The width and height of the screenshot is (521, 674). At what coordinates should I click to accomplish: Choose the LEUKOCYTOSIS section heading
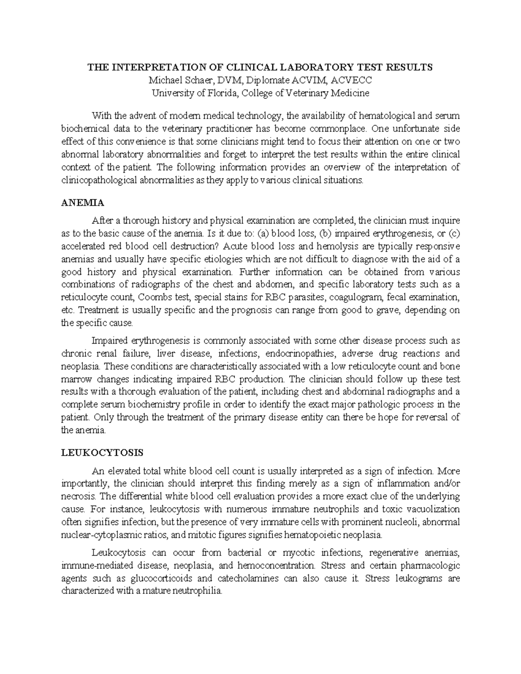click(x=102, y=453)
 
